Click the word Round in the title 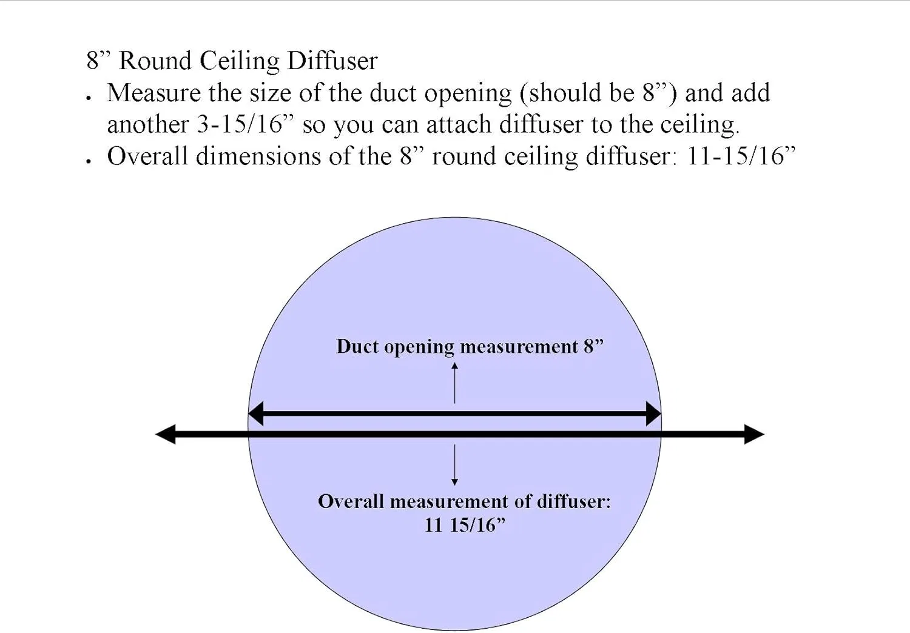155,61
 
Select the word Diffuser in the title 332,61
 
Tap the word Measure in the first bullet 153,93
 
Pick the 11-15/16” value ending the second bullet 740,156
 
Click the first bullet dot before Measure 88,98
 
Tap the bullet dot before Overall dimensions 88,161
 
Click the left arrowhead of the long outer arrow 166,434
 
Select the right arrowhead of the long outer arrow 755,434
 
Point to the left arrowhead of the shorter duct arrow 256,414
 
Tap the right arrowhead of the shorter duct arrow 653,414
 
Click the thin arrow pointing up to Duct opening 454,383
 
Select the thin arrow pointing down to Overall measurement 454,465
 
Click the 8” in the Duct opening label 593,347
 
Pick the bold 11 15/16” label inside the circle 465,525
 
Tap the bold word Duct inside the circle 357,347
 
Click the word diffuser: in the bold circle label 574,501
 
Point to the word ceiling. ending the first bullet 699,124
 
